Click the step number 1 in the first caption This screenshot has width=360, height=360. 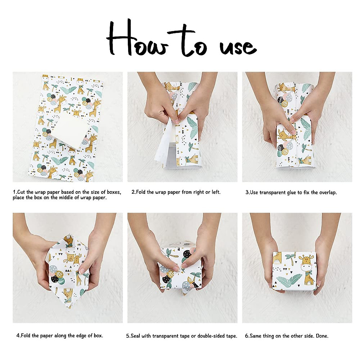14,192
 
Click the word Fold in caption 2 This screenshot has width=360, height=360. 141,192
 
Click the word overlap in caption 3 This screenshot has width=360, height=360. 327,193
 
